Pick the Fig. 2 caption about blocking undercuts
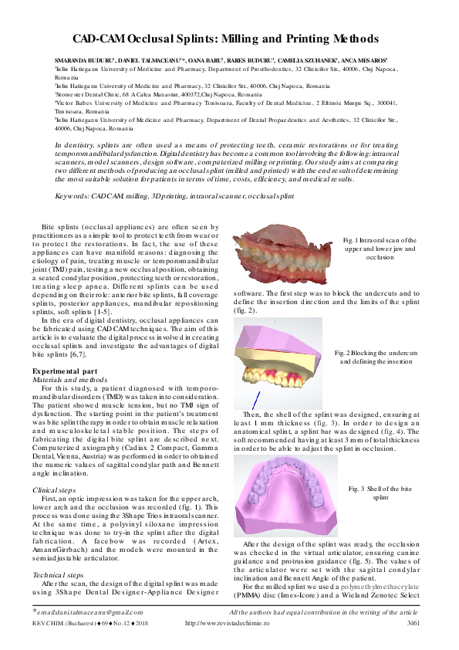coord(379,357)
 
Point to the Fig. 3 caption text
coord(380,494)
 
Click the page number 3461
coord(413,643)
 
